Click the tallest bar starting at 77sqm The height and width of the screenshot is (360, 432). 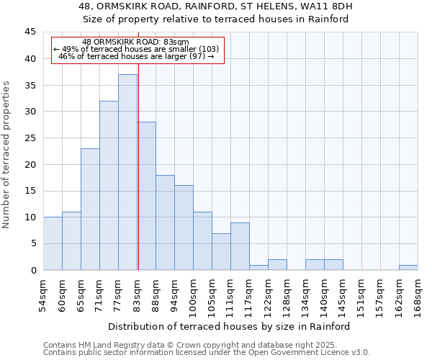tap(127, 172)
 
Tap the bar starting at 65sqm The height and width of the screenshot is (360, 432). tap(90, 209)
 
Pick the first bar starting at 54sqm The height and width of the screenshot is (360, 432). tap(53, 243)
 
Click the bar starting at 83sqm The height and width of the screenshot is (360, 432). tap(147, 196)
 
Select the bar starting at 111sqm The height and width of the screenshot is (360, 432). tap(240, 246)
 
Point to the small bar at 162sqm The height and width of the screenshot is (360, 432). tap(408, 268)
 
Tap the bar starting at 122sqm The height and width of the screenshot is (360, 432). tap(277, 265)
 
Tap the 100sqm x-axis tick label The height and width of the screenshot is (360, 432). tap(194, 293)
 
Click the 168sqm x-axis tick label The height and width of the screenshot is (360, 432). tap(418, 293)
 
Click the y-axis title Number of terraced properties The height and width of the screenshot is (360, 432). tap(7, 154)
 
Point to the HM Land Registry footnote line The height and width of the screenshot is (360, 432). tap(194, 345)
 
